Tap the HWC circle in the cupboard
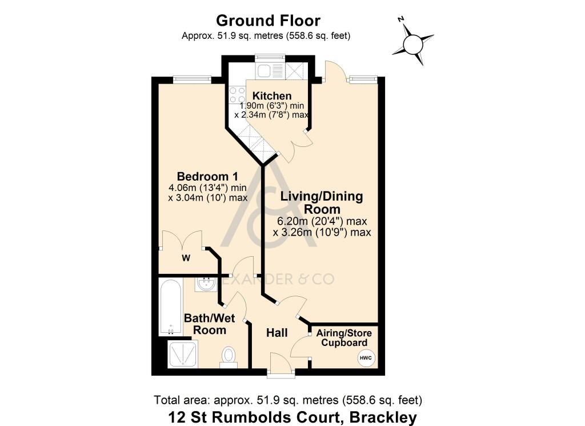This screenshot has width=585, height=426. click(x=366, y=358)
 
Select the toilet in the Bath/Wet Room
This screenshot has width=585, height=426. click(x=229, y=355)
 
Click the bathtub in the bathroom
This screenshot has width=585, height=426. click(x=170, y=306)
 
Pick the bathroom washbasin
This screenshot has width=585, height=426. click(x=204, y=284)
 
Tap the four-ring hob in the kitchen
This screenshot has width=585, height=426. click(x=237, y=95)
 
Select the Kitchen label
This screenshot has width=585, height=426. click(x=273, y=95)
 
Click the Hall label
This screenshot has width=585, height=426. click(x=277, y=332)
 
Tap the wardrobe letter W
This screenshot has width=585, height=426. click(x=186, y=258)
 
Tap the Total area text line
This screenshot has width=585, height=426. click(x=288, y=400)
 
